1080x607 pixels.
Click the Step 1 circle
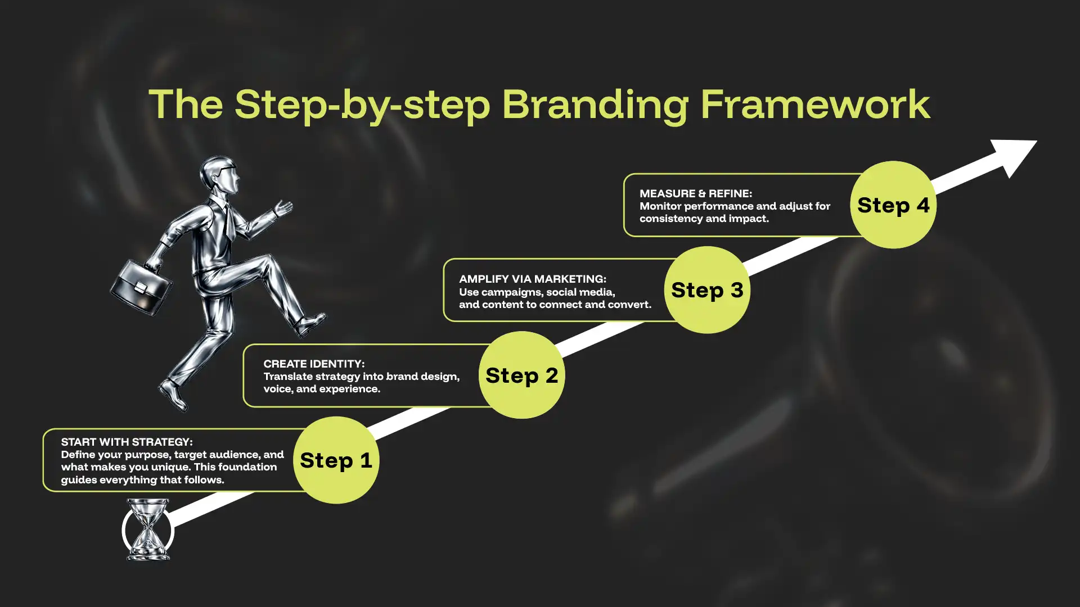pos(336,460)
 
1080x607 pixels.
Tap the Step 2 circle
pos(521,375)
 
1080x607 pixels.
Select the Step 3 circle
pos(707,290)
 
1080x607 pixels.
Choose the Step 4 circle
pos(893,205)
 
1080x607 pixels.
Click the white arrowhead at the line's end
pos(1016,155)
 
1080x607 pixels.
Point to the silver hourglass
pos(148,529)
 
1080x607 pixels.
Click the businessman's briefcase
pos(141,286)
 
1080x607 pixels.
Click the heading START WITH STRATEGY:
pos(127,442)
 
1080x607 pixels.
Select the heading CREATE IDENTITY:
pos(314,364)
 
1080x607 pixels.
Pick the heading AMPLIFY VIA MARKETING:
pos(533,279)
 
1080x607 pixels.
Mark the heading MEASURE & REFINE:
pos(696,194)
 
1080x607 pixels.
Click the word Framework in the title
pos(816,104)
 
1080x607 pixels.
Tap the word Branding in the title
pos(595,106)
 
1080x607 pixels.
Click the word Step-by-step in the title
pos(362,106)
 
